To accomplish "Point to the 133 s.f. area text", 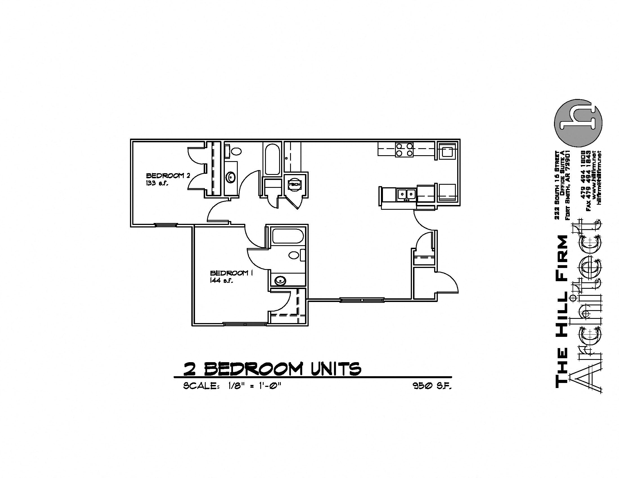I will pyautogui.click(x=157, y=183).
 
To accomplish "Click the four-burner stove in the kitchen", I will pyautogui.click(x=404, y=150).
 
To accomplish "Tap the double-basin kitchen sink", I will pyautogui.click(x=407, y=194).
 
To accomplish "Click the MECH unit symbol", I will pyautogui.click(x=295, y=185).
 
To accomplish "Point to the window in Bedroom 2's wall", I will pyautogui.click(x=165, y=225).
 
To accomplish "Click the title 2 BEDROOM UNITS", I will pyautogui.click(x=272, y=368).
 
